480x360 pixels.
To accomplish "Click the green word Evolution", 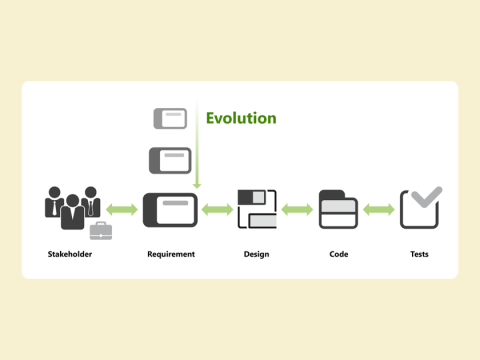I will pos(241,118).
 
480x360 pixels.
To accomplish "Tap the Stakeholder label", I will pos(70,254).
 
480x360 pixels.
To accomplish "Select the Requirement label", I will pos(171,254).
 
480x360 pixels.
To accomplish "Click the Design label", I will pos(256,254).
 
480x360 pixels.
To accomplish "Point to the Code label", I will pos(338,254).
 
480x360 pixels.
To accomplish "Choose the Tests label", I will pos(419,254).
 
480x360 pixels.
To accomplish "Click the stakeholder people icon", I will pos(72,206).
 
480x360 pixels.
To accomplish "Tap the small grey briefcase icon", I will pos(101,231).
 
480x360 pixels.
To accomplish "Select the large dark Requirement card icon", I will pos(170,209).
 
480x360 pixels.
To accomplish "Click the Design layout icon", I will pos(256,209).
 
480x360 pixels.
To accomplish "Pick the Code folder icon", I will pos(338,209).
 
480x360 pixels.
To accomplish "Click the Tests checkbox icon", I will pos(418,210).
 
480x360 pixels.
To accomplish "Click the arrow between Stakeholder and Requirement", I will pos(122,209).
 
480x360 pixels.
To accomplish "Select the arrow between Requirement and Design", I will pos(217,209).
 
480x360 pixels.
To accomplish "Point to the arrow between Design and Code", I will pos(297,209).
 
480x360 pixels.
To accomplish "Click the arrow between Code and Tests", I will pos(379,209).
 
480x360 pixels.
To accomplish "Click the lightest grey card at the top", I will pos(170,118).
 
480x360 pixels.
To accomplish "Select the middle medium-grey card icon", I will pos(170,160).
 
